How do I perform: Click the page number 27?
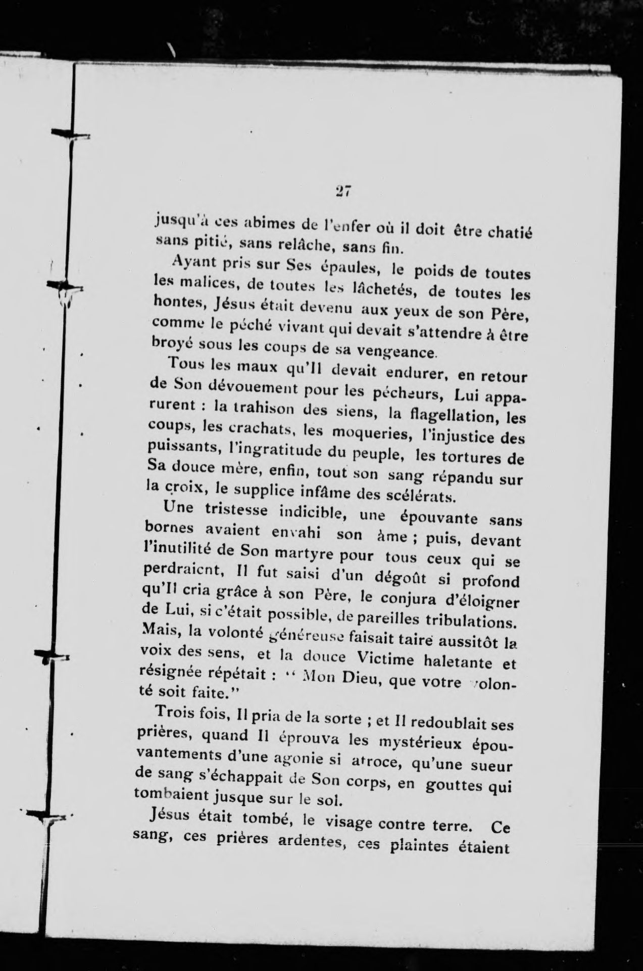(x=343, y=192)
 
